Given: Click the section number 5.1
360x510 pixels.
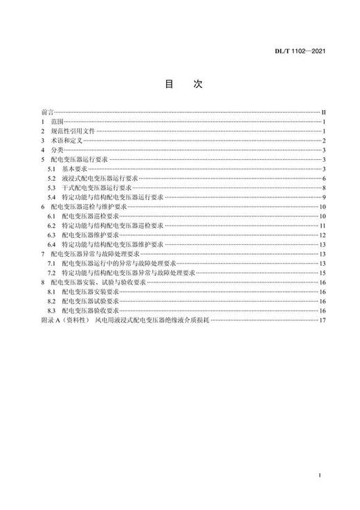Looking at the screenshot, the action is pyautogui.click(x=51, y=169).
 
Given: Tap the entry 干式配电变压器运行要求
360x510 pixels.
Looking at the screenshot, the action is pyautogui.click(x=96, y=188).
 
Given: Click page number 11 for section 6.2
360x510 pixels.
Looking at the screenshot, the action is pyautogui.click(x=323, y=226).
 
